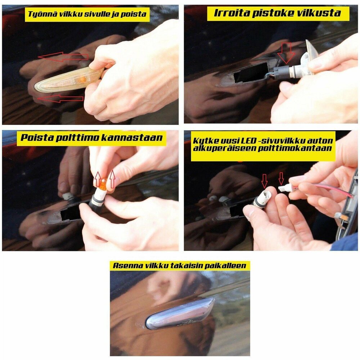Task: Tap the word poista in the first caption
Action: (134, 14)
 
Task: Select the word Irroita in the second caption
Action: (231, 13)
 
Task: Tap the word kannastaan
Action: (132, 138)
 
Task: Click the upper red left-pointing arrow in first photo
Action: (63, 57)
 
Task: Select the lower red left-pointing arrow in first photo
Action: (60, 99)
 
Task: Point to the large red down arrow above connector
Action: (286, 53)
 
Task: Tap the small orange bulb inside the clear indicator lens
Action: (82, 80)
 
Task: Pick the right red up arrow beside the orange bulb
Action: (112, 179)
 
